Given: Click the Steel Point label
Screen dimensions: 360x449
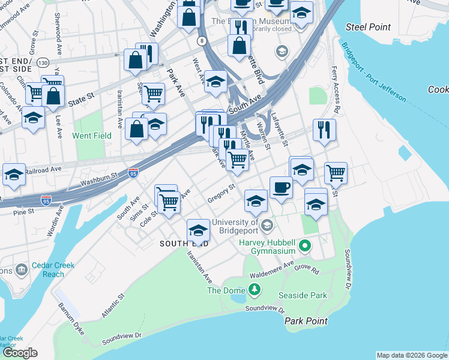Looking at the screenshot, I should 369,27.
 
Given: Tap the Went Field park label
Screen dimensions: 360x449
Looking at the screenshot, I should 92,136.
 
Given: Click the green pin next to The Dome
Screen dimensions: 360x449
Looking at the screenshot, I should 255,290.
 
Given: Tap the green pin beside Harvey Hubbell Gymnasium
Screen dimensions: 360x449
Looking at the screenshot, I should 306,246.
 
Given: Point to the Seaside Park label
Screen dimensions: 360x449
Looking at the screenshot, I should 303,296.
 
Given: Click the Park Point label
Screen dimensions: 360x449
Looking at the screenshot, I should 306,321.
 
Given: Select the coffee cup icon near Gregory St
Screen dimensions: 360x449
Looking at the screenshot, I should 280,187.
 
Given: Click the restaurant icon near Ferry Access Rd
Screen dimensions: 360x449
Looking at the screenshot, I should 324,130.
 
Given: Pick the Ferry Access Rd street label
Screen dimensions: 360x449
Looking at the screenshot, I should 336,90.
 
